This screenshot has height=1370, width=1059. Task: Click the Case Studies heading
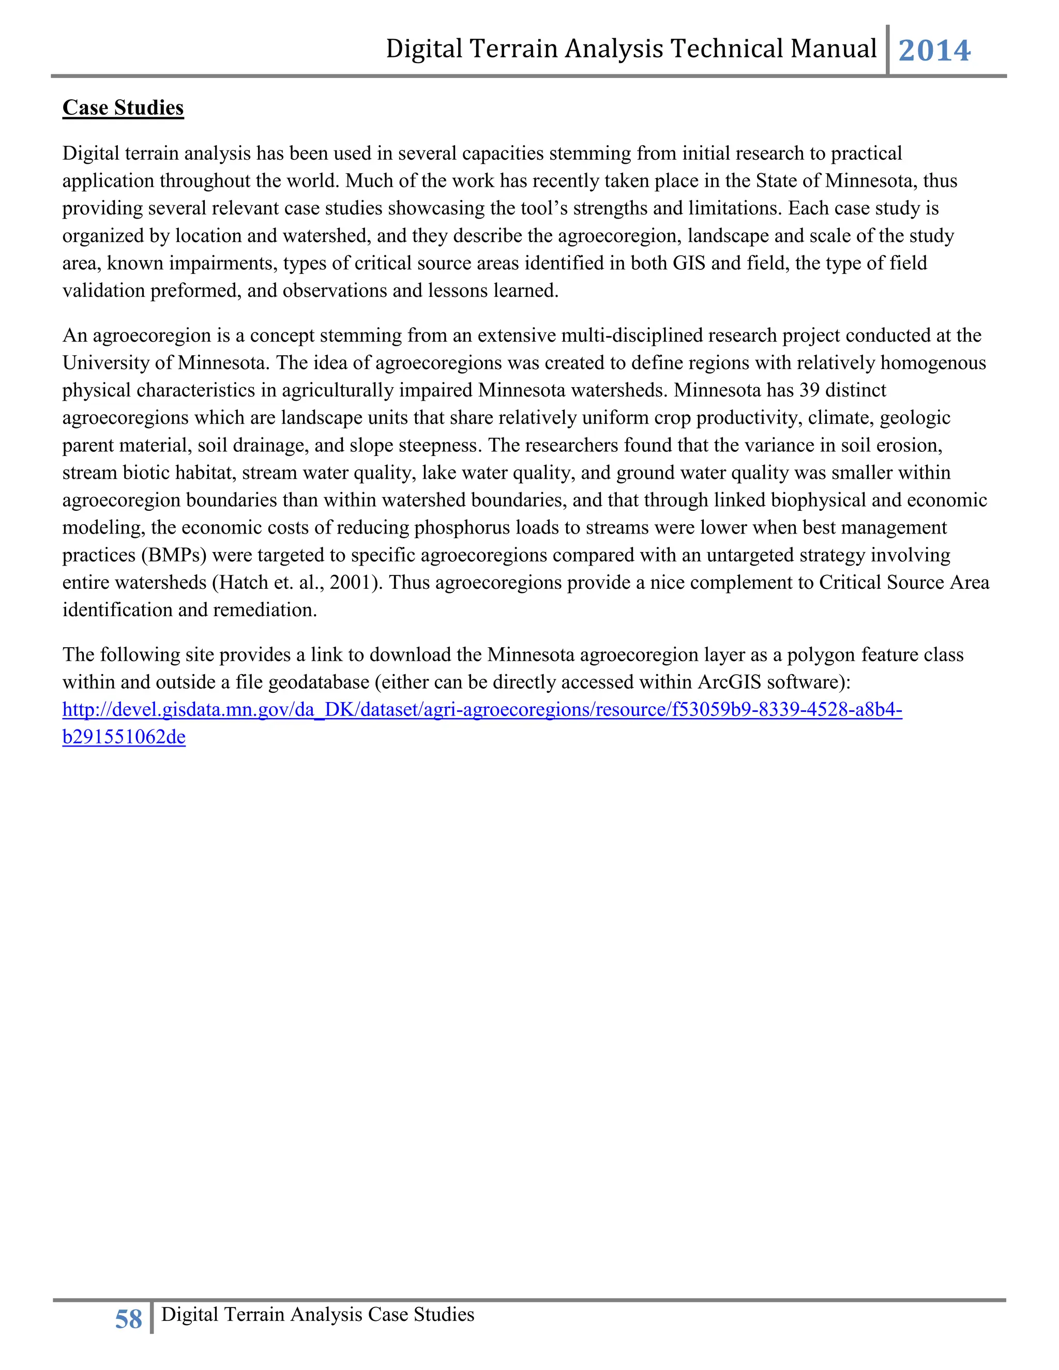pyautogui.click(x=123, y=108)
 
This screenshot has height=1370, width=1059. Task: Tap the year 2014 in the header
pyautogui.click(x=934, y=50)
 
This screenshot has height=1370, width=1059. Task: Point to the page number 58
pyautogui.click(x=129, y=1320)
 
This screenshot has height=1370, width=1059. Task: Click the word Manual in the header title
pyautogui.click(x=833, y=49)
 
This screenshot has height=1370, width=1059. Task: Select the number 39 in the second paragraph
pyautogui.click(x=809, y=390)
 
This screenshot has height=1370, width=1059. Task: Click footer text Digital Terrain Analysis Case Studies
pyautogui.click(x=317, y=1315)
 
